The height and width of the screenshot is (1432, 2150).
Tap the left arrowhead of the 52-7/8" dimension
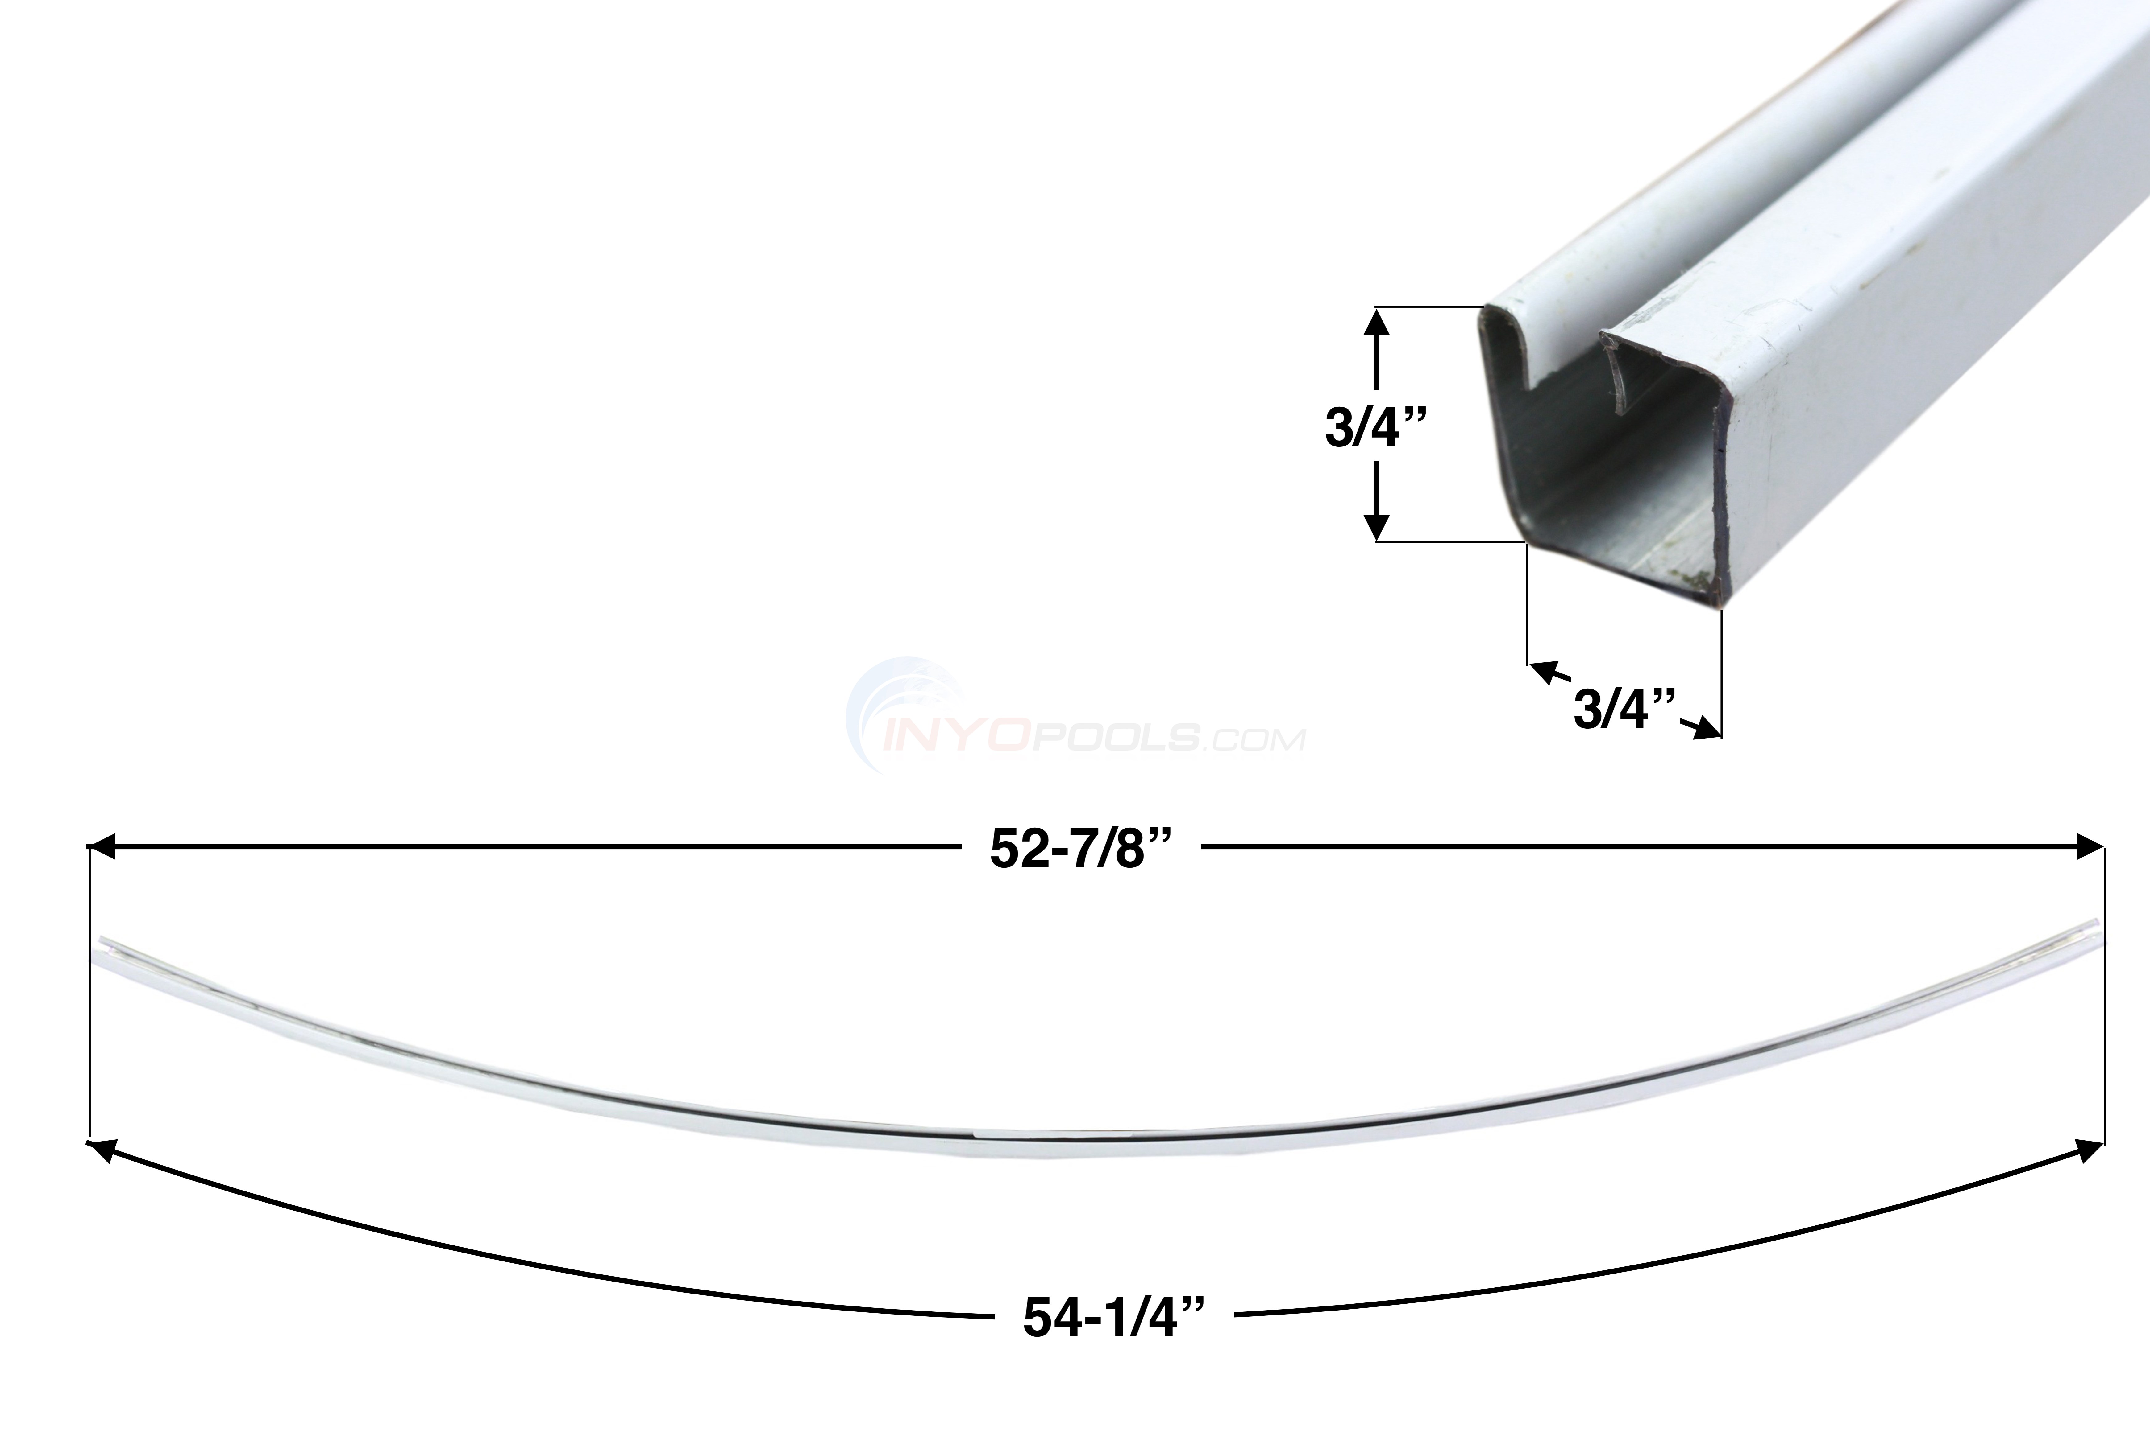tap(101, 847)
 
